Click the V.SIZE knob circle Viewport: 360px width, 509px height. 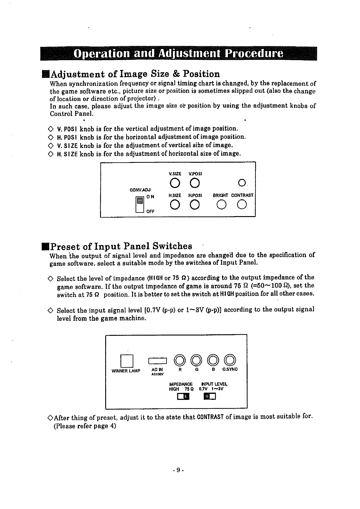pyautogui.click(x=175, y=183)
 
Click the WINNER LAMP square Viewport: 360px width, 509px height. pyautogui.click(x=127, y=361)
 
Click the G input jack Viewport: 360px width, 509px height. pyautogui.click(x=196, y=360)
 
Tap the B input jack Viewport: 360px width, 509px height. pyautogui.click(x=213, y=360)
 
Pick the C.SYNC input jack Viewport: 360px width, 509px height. pyautogui.click(x=230, y=360)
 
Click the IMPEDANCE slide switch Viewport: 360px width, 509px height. pyautogui.click(x=183, y=396)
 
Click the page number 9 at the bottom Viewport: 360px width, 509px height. pyautogui.click(x=178, y=470)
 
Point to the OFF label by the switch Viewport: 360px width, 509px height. pyautogui.click(x=150, y=212)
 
